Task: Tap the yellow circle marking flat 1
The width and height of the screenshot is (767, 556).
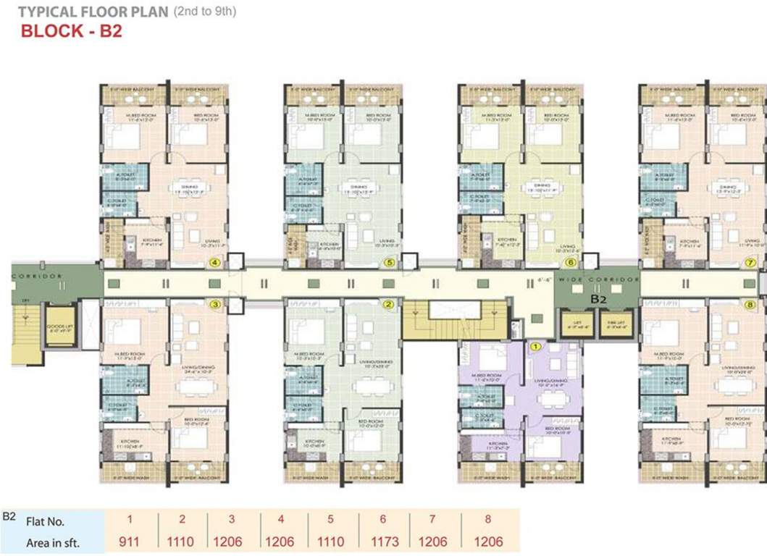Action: click(536, 347)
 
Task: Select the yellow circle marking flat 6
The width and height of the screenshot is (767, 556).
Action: click(571, 263)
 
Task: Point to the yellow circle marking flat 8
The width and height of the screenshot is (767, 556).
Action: click(749, 305)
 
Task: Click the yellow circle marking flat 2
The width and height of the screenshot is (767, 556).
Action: click(389, 305)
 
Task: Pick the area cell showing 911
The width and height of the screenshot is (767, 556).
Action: click(131, 541)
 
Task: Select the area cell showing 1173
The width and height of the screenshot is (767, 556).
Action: click(382, 541)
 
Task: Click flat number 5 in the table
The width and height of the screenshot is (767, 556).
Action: click(330, 519)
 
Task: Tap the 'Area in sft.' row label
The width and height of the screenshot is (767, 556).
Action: click(52, 542)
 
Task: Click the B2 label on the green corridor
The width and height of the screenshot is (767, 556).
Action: click(598, 298)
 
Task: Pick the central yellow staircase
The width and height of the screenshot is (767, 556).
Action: click(454, 319)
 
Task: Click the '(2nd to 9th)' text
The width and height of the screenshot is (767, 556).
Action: click(204, 12)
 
